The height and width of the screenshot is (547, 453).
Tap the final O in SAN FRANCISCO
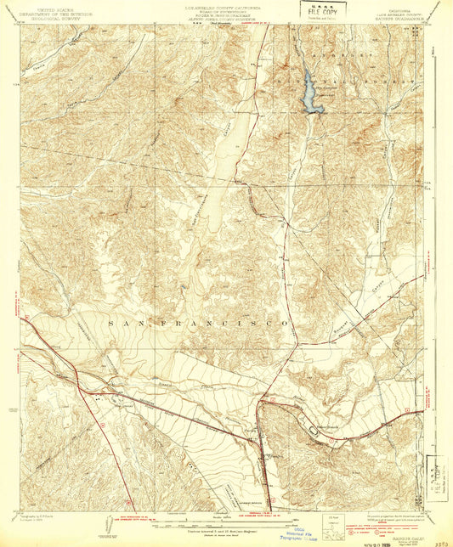coord(289,325)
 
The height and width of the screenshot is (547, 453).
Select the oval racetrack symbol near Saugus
coord(316,431)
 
